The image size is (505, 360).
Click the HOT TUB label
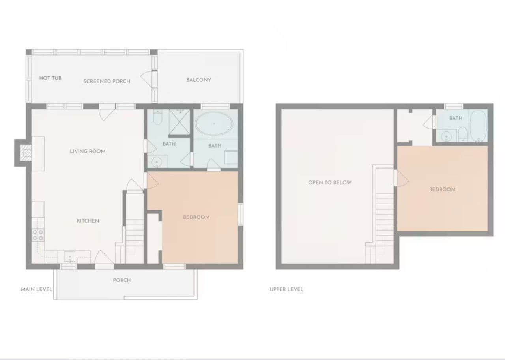(50, 78)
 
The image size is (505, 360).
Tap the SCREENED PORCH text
(107, 81)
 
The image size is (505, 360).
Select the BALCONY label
(198, 80)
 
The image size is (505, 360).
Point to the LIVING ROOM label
(88, 151)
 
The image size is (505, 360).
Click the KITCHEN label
(88, 221)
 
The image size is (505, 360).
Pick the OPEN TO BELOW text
(330, 182)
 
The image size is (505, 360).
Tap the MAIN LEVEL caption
(37, 289)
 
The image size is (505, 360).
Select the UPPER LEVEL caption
(286, 289)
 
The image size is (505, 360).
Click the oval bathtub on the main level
(214, 124)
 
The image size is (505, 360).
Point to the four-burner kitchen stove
(38, 235)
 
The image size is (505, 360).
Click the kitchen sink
(70, 257)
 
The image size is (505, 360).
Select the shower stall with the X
(180, 122)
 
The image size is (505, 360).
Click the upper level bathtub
(479, 126)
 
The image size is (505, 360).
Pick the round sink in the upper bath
(446, 137)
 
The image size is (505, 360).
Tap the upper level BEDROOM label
(442, 190)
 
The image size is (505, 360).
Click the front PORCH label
(122, 280)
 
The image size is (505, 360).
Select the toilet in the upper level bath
(463, 135)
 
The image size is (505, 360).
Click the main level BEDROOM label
(196, 217)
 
